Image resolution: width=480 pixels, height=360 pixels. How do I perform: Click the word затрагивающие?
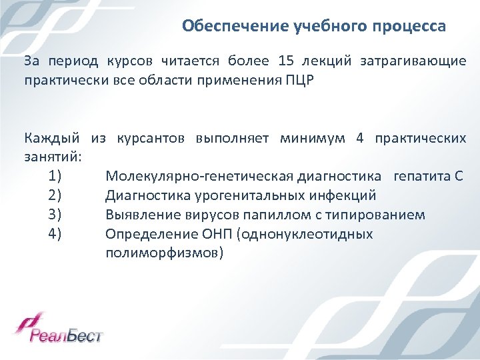pyautogui.click(x=413, y=62)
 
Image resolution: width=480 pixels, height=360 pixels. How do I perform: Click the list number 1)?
pyautogui.click(x=55, y=177)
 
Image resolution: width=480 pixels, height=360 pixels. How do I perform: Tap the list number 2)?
pyautogui.click(x=55, y=196)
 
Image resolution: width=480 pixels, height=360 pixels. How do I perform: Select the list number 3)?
pyautogui.click(x=55, y=215)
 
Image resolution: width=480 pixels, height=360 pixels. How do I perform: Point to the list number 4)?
pyautogui.click(x=55, y=234)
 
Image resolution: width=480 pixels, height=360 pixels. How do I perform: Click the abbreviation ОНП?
pyautogui.click(x=211, y=234)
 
